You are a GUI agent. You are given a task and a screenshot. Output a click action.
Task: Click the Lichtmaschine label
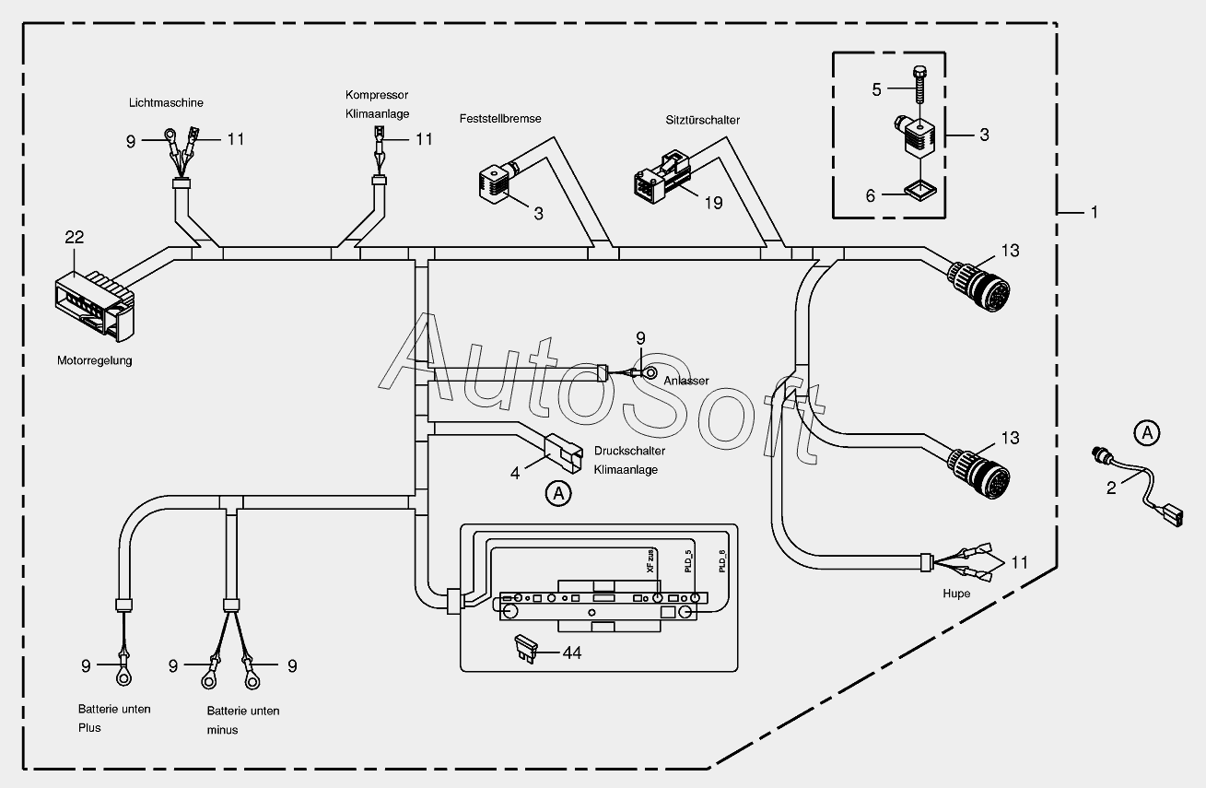pyautogui.click(x=166, y=103)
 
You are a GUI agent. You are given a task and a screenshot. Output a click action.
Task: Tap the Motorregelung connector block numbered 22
pyautogui.click(x=95, y=305)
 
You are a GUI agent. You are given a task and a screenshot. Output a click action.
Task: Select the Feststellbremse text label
pyautogui.click(x=500, y=119)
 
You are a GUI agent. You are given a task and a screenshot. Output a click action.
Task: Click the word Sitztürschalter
pyautogui.click(x=702, y=120)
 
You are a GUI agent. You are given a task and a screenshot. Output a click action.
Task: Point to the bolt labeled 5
pyautogui.click(x=919, y=85)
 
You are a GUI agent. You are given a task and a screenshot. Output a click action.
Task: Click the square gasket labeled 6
pyautogui.click(x=920, y=190)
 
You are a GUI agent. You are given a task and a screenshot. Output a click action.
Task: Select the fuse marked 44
pyautogui.click(x=526, y=649)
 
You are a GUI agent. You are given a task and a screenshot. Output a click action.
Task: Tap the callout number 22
pyautogui.click(x=75, y=237)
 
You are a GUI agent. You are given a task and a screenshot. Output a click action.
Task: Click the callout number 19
pyautogui.click(x=713, y=203)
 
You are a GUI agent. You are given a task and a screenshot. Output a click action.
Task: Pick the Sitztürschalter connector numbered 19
pyautogui.click(x=662, y=178)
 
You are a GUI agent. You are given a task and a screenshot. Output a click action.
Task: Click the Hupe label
pyautogui.click(x=956, y=594)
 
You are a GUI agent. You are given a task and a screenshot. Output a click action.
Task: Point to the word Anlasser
pyautogui.click(x=685, y=381)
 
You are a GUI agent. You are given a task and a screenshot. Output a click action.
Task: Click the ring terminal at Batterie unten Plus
pyautogui.click(x=123, y=676)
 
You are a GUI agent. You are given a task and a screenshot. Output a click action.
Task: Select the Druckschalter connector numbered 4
pyautogui.click(x=564, y=453)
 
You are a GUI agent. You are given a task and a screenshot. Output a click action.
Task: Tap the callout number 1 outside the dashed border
pyautogui.click(x=1094, y=213)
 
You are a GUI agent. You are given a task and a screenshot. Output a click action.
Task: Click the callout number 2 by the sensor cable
pyautogui.click(x=1111, y=488)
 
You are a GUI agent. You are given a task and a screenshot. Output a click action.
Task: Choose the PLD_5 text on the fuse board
pyautogui.click(x=688, y=560)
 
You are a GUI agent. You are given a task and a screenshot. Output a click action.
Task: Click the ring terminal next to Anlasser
pyautogui.click(x=650, y=372)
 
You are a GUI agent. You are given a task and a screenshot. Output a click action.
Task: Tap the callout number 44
pyautogui.click(x=572, y=653)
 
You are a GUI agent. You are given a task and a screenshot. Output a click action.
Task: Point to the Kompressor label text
pyautogui.click(x=377, y=95)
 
